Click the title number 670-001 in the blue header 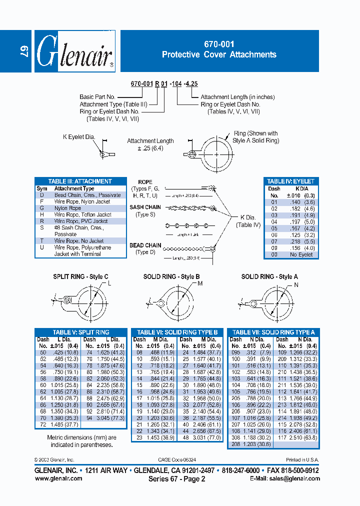(x=219, y=44)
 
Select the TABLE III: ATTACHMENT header (x=80, y=181)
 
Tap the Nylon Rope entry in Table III (x=67, y=208)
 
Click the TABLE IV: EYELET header (x=290, y=181)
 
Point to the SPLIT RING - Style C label (x=80, y=276)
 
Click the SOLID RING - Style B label (x=171, y=276)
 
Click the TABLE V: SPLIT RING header (x=81, y=332)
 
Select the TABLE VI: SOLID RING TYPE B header (x=177, y=332)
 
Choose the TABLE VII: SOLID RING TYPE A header (x=273, y=332)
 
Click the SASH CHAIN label (x=145, y=207)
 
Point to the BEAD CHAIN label (x=145, y=245)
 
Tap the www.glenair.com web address (x=58, y=478)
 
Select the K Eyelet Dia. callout (x=79, y=137)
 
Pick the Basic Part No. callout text (x=97, y=97)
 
